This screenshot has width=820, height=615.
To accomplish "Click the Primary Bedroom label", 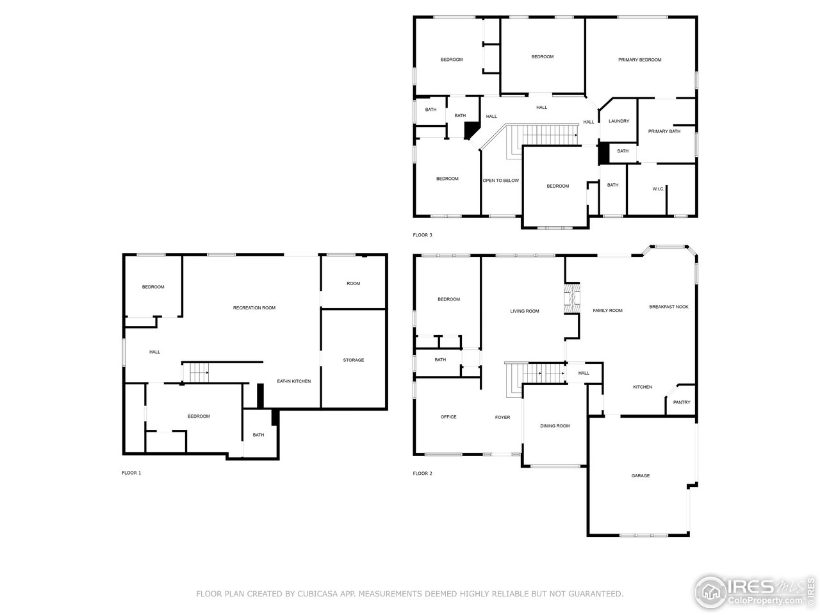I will click(639, 60).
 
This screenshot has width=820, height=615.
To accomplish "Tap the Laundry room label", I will click(618, 121).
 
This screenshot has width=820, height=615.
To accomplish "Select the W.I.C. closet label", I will click(658, 188).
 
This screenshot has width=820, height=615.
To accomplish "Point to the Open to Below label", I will click(500, 181).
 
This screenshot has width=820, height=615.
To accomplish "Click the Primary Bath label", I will click(664, 131).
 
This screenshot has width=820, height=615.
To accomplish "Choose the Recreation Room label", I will click(254, 308).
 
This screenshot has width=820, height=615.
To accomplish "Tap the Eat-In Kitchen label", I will click(293, 381).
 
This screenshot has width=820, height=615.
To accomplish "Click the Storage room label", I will click(353, 360).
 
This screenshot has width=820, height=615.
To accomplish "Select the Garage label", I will click(641, 475).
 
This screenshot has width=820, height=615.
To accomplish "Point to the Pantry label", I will click(682, 402).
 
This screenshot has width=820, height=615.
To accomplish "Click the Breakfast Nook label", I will click(668, 307).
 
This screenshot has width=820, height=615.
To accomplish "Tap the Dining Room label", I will click(554, 426).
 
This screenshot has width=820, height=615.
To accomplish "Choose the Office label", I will click(448, 417).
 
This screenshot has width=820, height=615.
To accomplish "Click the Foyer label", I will click(502, 418).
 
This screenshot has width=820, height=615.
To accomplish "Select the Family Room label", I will click(607, 311).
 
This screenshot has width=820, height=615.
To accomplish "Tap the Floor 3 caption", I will click(422, 235).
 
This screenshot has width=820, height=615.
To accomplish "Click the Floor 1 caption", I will click(131, 473).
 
